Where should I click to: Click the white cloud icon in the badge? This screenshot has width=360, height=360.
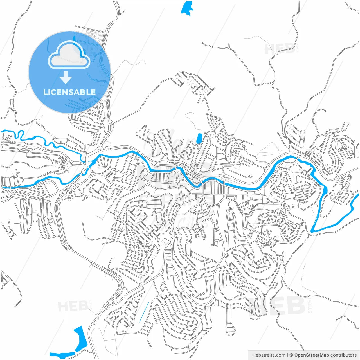(69, 55)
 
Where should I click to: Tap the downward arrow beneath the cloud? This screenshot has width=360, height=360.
(66, 77)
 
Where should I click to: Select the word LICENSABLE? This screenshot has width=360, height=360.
(69, 92)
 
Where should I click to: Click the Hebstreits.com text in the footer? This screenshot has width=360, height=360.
(269, 355)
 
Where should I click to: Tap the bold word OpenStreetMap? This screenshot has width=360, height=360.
(311, 355)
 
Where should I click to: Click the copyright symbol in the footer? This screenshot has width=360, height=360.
(291, 355)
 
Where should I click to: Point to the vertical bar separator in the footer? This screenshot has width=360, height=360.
(287, 355)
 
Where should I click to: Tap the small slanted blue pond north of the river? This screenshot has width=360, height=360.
(200, 138)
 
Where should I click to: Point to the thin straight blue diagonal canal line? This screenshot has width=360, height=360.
(143, 312)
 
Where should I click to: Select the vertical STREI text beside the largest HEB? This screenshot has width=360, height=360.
(310, 306)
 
